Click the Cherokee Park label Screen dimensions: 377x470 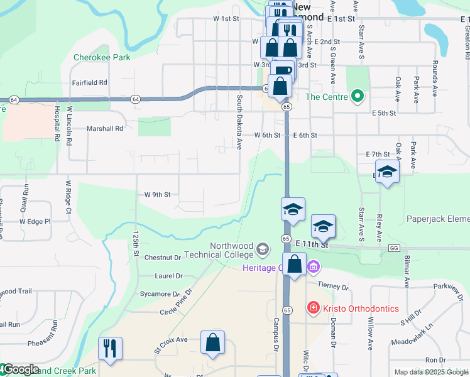point(101,57)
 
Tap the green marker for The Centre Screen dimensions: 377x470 point(358,96)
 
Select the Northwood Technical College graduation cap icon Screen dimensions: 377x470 point(262,251)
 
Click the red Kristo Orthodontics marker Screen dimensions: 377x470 point(312,308)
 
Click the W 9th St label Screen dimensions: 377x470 point(157,195)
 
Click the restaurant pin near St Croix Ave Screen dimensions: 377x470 point(110,349)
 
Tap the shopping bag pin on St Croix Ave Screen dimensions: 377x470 point(213,343)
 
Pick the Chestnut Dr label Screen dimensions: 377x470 point(162,258)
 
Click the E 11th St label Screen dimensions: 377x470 point(312,244)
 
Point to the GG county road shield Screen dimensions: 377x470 point(394,249)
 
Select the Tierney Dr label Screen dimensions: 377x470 point(333,286)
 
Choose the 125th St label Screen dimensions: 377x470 point(136,241)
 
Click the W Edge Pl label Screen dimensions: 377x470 point(35,221)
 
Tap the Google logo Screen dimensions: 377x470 point(20,370)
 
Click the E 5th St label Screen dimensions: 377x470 point(384,113)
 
